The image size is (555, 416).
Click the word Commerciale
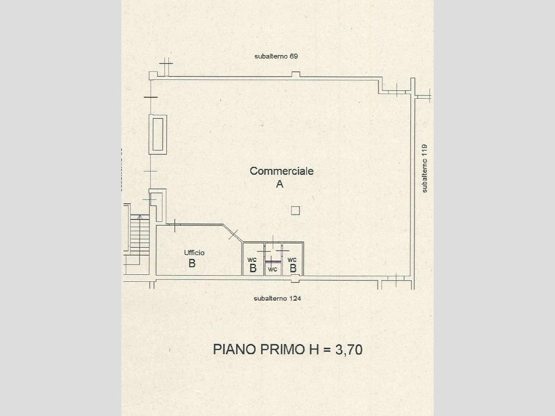282,171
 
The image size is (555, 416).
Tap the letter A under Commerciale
280,184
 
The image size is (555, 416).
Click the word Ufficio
194,252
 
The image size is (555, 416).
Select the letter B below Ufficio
192,263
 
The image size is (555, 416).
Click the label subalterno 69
276,56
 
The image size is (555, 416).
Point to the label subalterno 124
277,299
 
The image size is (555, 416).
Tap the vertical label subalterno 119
425,168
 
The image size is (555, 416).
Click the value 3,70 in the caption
349,349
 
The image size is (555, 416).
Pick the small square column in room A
296,211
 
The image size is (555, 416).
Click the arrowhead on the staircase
139,216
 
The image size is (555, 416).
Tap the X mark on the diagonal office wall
233,234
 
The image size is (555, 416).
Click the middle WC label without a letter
272,270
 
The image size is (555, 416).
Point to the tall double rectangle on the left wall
158,135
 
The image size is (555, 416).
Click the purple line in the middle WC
273,262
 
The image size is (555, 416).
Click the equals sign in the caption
327,350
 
